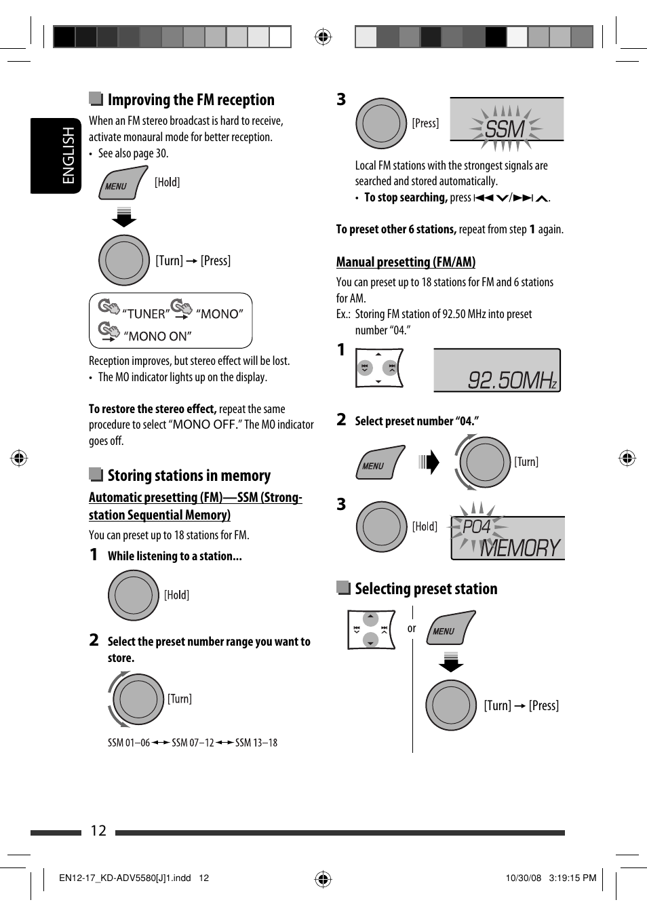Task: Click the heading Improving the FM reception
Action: point(191,100)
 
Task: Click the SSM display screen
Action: point(506,120)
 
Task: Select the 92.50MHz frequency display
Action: point(497,370)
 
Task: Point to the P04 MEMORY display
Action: point(508,539)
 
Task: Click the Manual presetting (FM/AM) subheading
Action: point(406,262)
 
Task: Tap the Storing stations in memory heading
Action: point(189,475)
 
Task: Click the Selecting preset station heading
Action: point(426,589)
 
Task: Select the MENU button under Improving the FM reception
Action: point(123,183)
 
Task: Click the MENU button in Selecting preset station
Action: point(450,628)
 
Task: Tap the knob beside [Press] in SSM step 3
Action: point(381,123)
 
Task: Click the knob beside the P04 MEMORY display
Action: point(381,526)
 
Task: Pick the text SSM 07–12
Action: point(193,743)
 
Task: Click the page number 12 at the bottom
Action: point(98,831)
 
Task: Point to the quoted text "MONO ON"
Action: point(157,336)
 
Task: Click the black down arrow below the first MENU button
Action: point(123,218)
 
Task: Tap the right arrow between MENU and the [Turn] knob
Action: point(429,463)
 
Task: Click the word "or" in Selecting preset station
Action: point(412,629)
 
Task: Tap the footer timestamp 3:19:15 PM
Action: point(572,878)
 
